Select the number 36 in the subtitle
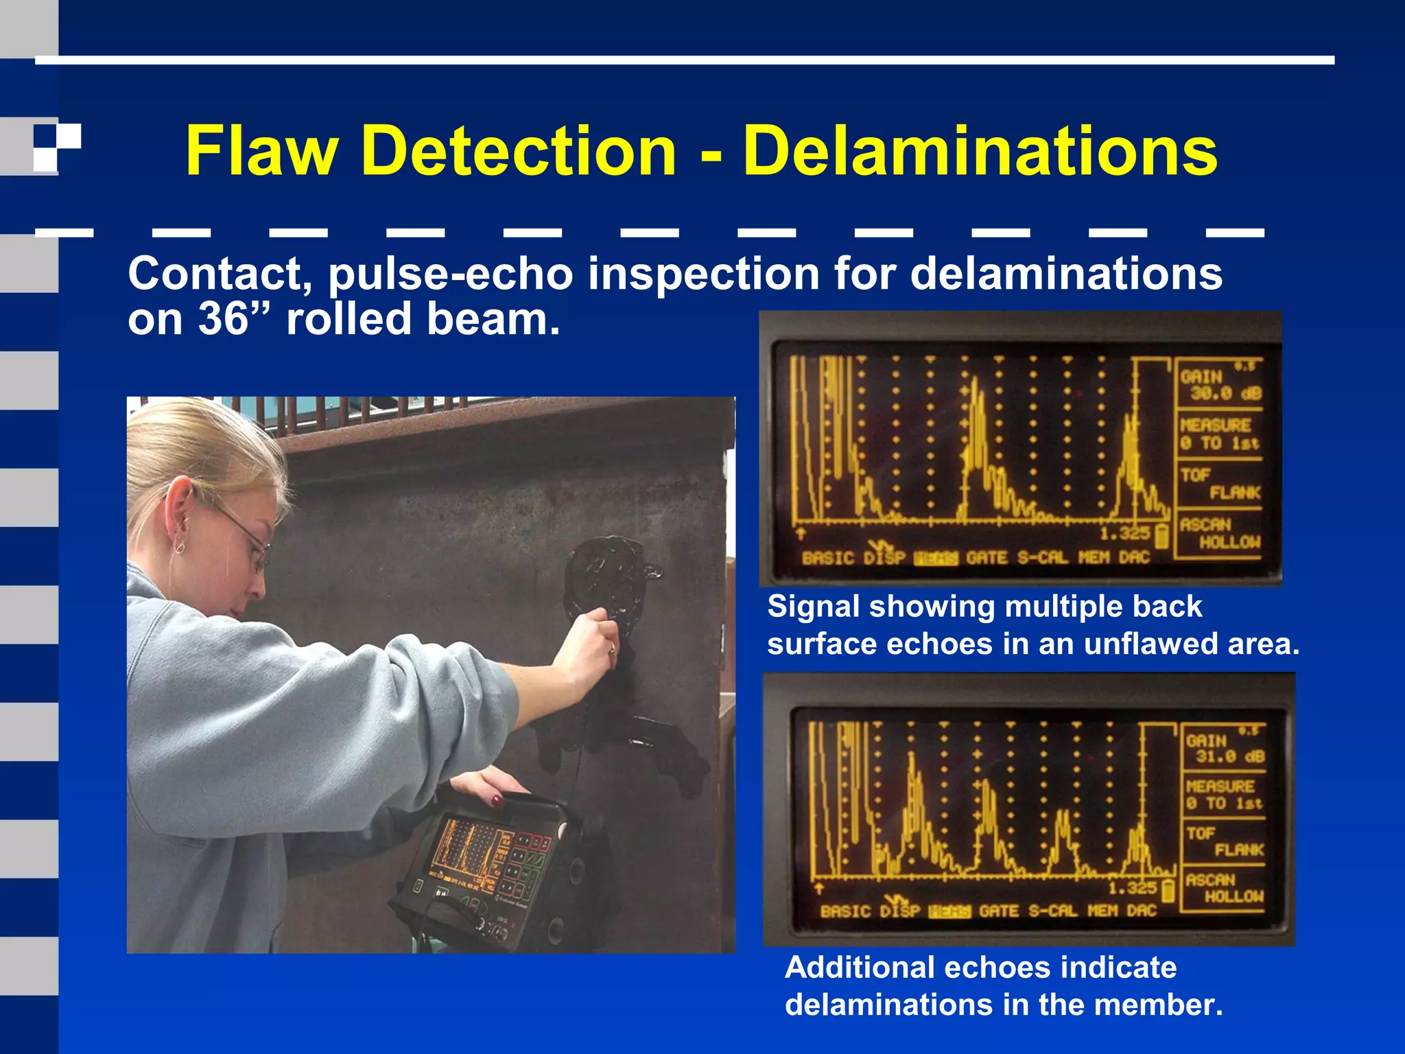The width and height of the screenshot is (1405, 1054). pyautogui.click(x=223, y=319)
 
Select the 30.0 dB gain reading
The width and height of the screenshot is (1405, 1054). pyautogui.click(x=1225, y=393)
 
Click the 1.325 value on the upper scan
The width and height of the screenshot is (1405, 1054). pyautogui.click(x=1124, y=534)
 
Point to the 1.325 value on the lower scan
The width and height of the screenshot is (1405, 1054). pyautogui.click(x=1133, y=888)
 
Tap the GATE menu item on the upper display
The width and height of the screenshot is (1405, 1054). pyautogui.click(x=988, y=558)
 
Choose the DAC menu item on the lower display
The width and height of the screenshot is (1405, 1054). pyautogui.click(x=1142, y=911)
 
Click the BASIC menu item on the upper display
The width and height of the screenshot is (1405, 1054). pyautogui.click(x=829, y=558)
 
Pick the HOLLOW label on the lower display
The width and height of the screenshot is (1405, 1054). pyautogui.click(x=1234, y=896)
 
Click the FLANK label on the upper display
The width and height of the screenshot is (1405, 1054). pyautogui.click(x=1235, y=493)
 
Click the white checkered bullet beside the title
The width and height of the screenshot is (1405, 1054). pyautogui.click(x=57, y=148)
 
